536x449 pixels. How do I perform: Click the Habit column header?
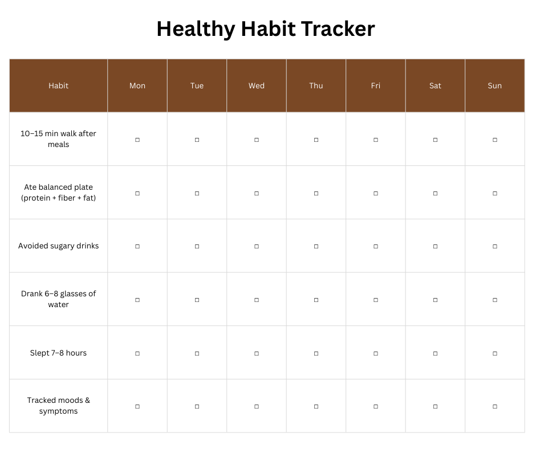pos(59,86)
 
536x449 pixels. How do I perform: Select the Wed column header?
pos(257,86)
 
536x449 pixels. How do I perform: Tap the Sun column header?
pos(494,86)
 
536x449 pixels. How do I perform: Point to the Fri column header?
pos(376,86)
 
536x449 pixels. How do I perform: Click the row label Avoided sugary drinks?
pos(59,246)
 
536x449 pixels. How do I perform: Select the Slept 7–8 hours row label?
pos(59,353)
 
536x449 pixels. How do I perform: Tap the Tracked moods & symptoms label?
pos(59,406)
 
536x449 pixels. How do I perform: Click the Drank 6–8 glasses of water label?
pos(59,299)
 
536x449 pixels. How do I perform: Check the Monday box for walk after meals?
pos(137,140)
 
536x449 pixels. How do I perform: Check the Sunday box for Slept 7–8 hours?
pos(494,353)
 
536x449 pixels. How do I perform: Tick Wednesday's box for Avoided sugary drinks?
pos(257,246)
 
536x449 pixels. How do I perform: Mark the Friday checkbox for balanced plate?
pos(376,193)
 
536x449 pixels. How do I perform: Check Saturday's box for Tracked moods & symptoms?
pos(435,406)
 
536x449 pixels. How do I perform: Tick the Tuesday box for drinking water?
pos(197,300)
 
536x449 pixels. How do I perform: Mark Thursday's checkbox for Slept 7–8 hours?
pos(316,353)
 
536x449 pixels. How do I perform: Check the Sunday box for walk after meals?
pos(494,140)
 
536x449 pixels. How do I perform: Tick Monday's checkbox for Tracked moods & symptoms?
pos(137,406)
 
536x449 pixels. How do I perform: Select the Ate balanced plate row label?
pos(59,193)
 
